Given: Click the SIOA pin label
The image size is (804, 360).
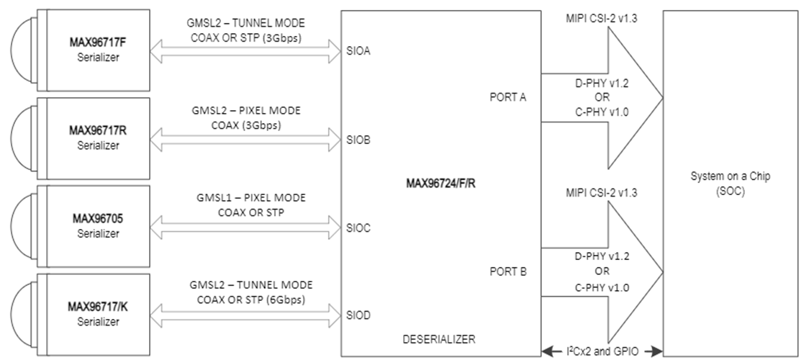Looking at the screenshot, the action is coord(358,51).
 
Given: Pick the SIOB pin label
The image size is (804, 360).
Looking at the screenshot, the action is coord(358,140).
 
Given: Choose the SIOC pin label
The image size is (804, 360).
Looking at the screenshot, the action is coord(358,228).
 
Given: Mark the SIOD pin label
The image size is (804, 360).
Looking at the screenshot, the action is coord(358,315).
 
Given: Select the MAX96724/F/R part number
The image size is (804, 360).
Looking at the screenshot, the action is coord(441,183).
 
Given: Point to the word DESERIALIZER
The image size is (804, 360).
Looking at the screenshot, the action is coord(439,339).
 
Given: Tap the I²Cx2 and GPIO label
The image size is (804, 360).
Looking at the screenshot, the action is coord(602,351).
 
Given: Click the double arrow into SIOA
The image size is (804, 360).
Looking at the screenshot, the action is coord(245,51).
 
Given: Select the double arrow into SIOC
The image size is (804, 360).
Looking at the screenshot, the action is coord(245,228).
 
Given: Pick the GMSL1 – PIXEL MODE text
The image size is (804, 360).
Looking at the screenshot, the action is coord(251,198).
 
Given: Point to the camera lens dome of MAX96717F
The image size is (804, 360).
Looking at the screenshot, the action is coord(24,50).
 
